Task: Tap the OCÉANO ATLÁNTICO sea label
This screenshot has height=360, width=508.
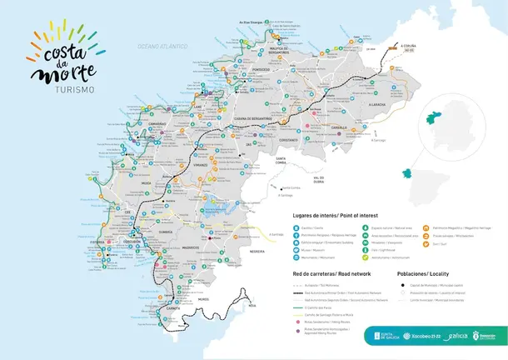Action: pos(163,47)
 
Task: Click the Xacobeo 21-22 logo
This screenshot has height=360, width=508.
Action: pos(421,337)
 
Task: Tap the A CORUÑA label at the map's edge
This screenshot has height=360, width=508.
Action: pos(408,47)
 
